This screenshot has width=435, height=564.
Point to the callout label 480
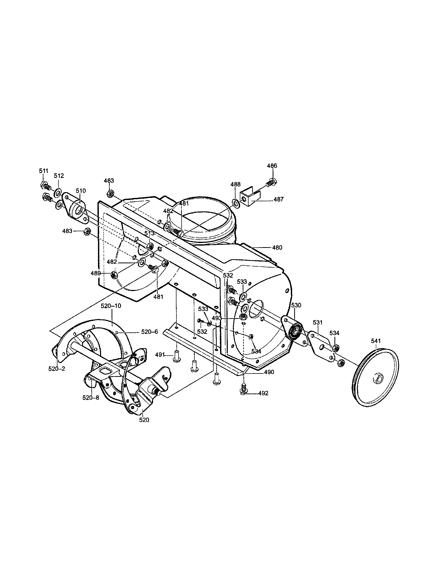point(277,248)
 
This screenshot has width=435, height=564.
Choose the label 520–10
point(111,306)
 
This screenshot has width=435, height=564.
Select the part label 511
point(44,171)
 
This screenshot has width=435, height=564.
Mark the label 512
point(59,176)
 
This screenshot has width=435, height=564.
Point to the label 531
point(318,323)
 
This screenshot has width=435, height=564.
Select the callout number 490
point(269,372)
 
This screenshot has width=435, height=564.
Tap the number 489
point(95,273)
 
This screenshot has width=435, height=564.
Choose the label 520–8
point(91,398)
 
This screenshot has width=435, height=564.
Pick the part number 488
point(235,184)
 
